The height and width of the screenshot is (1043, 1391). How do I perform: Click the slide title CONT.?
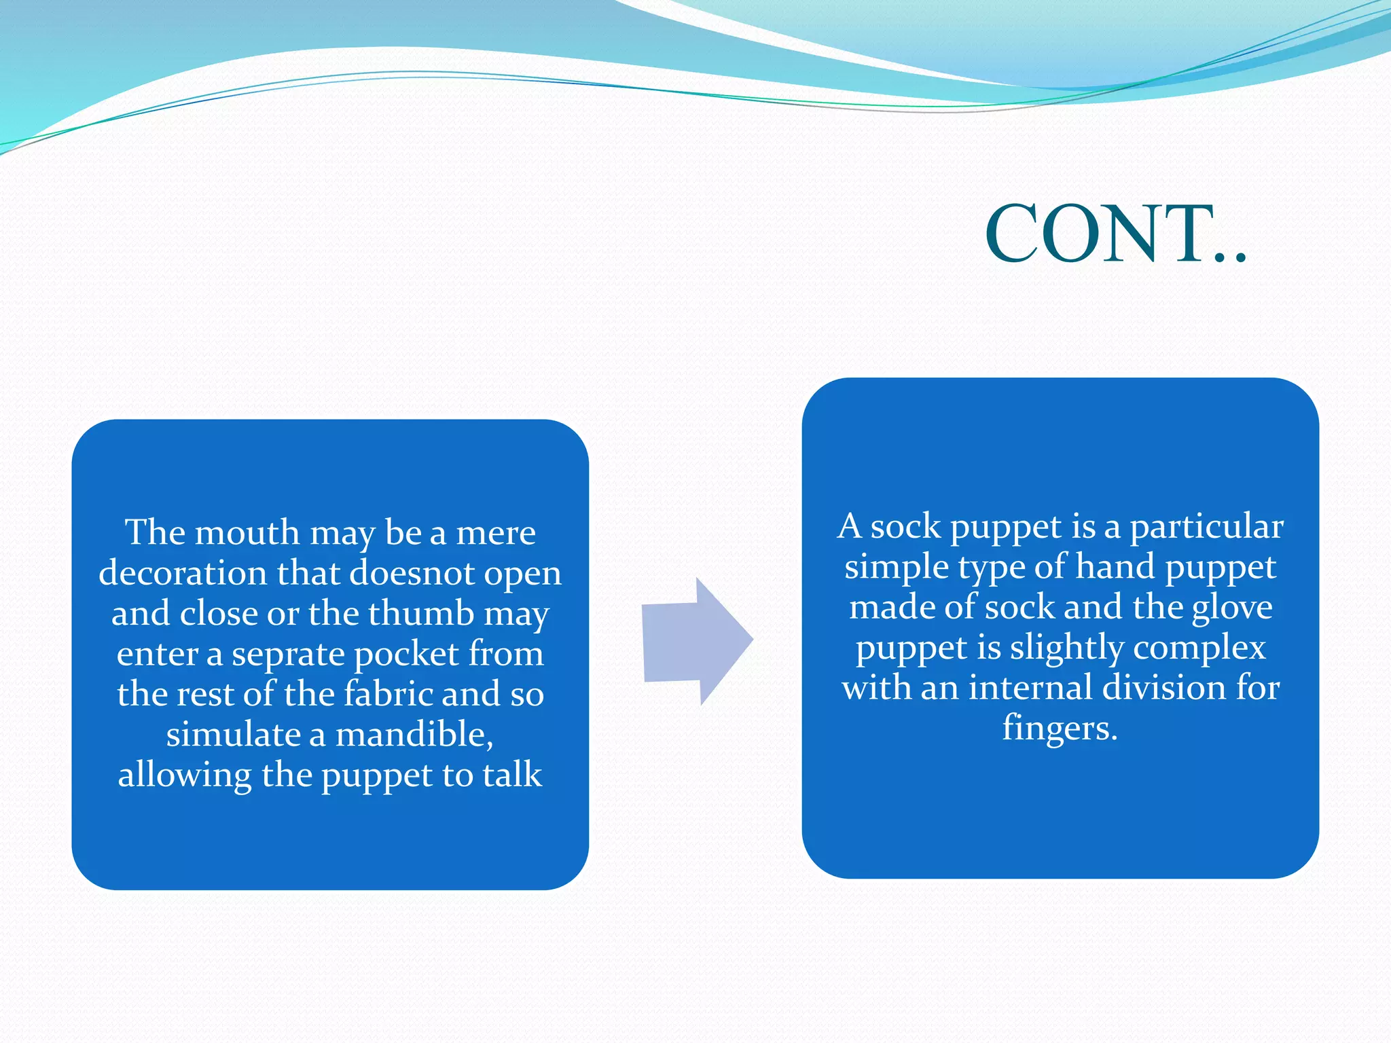click(1114, 235)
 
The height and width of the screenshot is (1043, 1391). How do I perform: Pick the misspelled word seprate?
click(288, 655)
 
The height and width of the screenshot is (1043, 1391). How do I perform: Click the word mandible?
click(414, 735)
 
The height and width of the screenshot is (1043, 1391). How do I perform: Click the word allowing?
click(184, 775)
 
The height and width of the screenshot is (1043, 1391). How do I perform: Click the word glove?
click(1232, 607)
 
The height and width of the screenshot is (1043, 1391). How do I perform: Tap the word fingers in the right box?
click(1060, 729)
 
